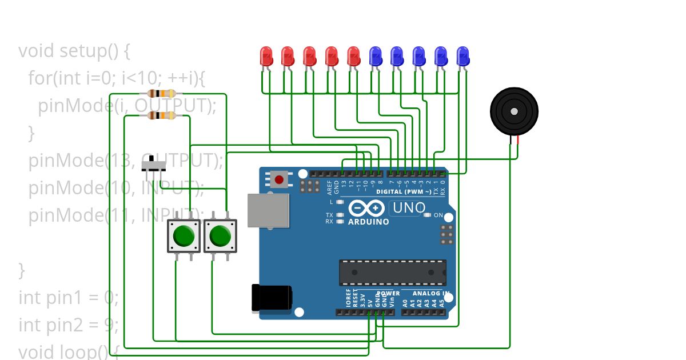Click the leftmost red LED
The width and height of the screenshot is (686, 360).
266,56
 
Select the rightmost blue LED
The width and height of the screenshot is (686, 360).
462,56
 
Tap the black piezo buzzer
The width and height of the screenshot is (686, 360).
514,111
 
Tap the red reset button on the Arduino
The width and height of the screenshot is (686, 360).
278,179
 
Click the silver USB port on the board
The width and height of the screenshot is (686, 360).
268,210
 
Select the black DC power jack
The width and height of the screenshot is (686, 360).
271,298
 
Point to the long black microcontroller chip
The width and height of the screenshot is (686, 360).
392,273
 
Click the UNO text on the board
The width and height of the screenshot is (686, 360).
408,208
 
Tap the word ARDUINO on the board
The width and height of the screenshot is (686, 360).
369,222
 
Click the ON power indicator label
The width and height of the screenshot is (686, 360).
438,215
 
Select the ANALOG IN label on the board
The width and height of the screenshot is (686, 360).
426,294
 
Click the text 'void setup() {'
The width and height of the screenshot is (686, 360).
74,51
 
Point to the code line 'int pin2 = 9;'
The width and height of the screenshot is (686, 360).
69,325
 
